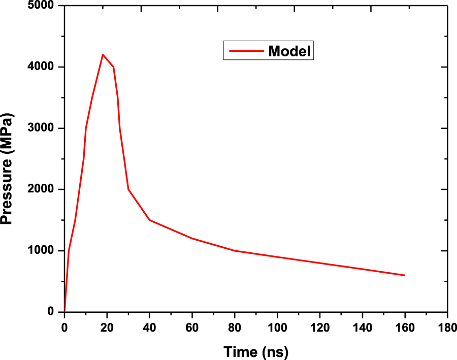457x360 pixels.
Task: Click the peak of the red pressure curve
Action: pyautogui.click(x=103, y=54)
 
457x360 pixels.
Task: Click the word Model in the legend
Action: pyautogui.click(x=289, y=51)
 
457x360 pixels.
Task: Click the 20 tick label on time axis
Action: pyautogui.click(x=107, y=325)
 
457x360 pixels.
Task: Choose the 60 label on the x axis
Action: pyautogui.click(x=192, y=325)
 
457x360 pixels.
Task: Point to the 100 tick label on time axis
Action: pyautogui.click(x=277, y=325)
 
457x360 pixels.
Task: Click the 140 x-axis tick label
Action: pyautogui.click(x=362, y=325)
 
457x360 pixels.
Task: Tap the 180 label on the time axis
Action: pyautogui.click(x=447, y=325)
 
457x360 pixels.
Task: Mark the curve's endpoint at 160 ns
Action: pyautogui.click(x=404, y=275)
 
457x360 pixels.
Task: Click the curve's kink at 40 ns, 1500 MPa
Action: pyautogui.click(x=149, y=220)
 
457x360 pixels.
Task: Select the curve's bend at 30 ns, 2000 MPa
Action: pyautogui.click(x=128, y=189)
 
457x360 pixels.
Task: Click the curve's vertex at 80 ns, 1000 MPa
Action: pyautogui.click(x=235, y=251)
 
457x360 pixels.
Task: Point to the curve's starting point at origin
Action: pyautogui.click(x=64, y=311)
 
